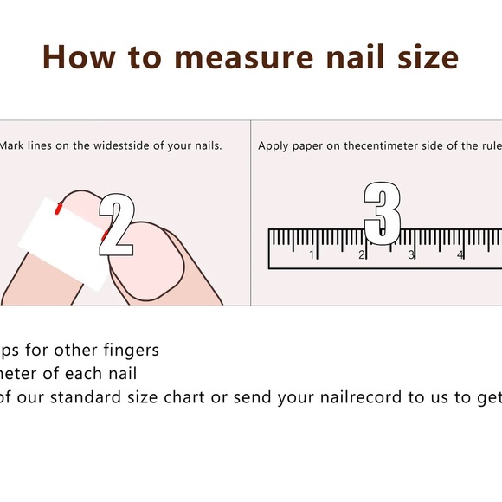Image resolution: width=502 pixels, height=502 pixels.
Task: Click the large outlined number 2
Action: pos(117,224)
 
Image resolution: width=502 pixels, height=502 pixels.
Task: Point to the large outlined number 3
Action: pos(382,212)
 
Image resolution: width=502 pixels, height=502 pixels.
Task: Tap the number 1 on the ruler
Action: pos(312,254)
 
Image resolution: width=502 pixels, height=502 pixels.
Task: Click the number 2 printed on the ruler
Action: pos(362,254)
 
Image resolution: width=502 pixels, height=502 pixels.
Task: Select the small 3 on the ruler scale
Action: pos(411,254)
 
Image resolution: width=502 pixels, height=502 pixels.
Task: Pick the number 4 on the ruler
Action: pos(460,254)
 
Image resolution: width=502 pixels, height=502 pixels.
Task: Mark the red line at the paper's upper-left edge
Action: pos(58,207)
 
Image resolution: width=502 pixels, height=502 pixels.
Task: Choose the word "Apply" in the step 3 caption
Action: pos(274,145)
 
